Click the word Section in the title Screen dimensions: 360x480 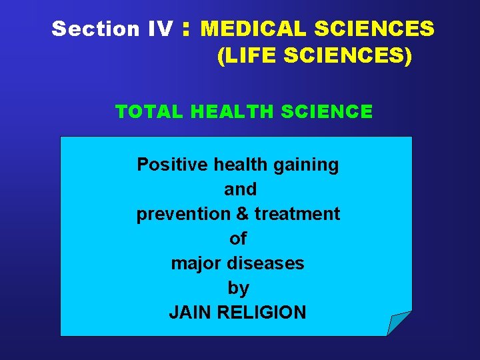(85, 29)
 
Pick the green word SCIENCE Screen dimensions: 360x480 (327, 111)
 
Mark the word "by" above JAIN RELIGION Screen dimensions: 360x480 (238, 288)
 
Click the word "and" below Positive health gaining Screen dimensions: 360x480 (240, 189)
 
